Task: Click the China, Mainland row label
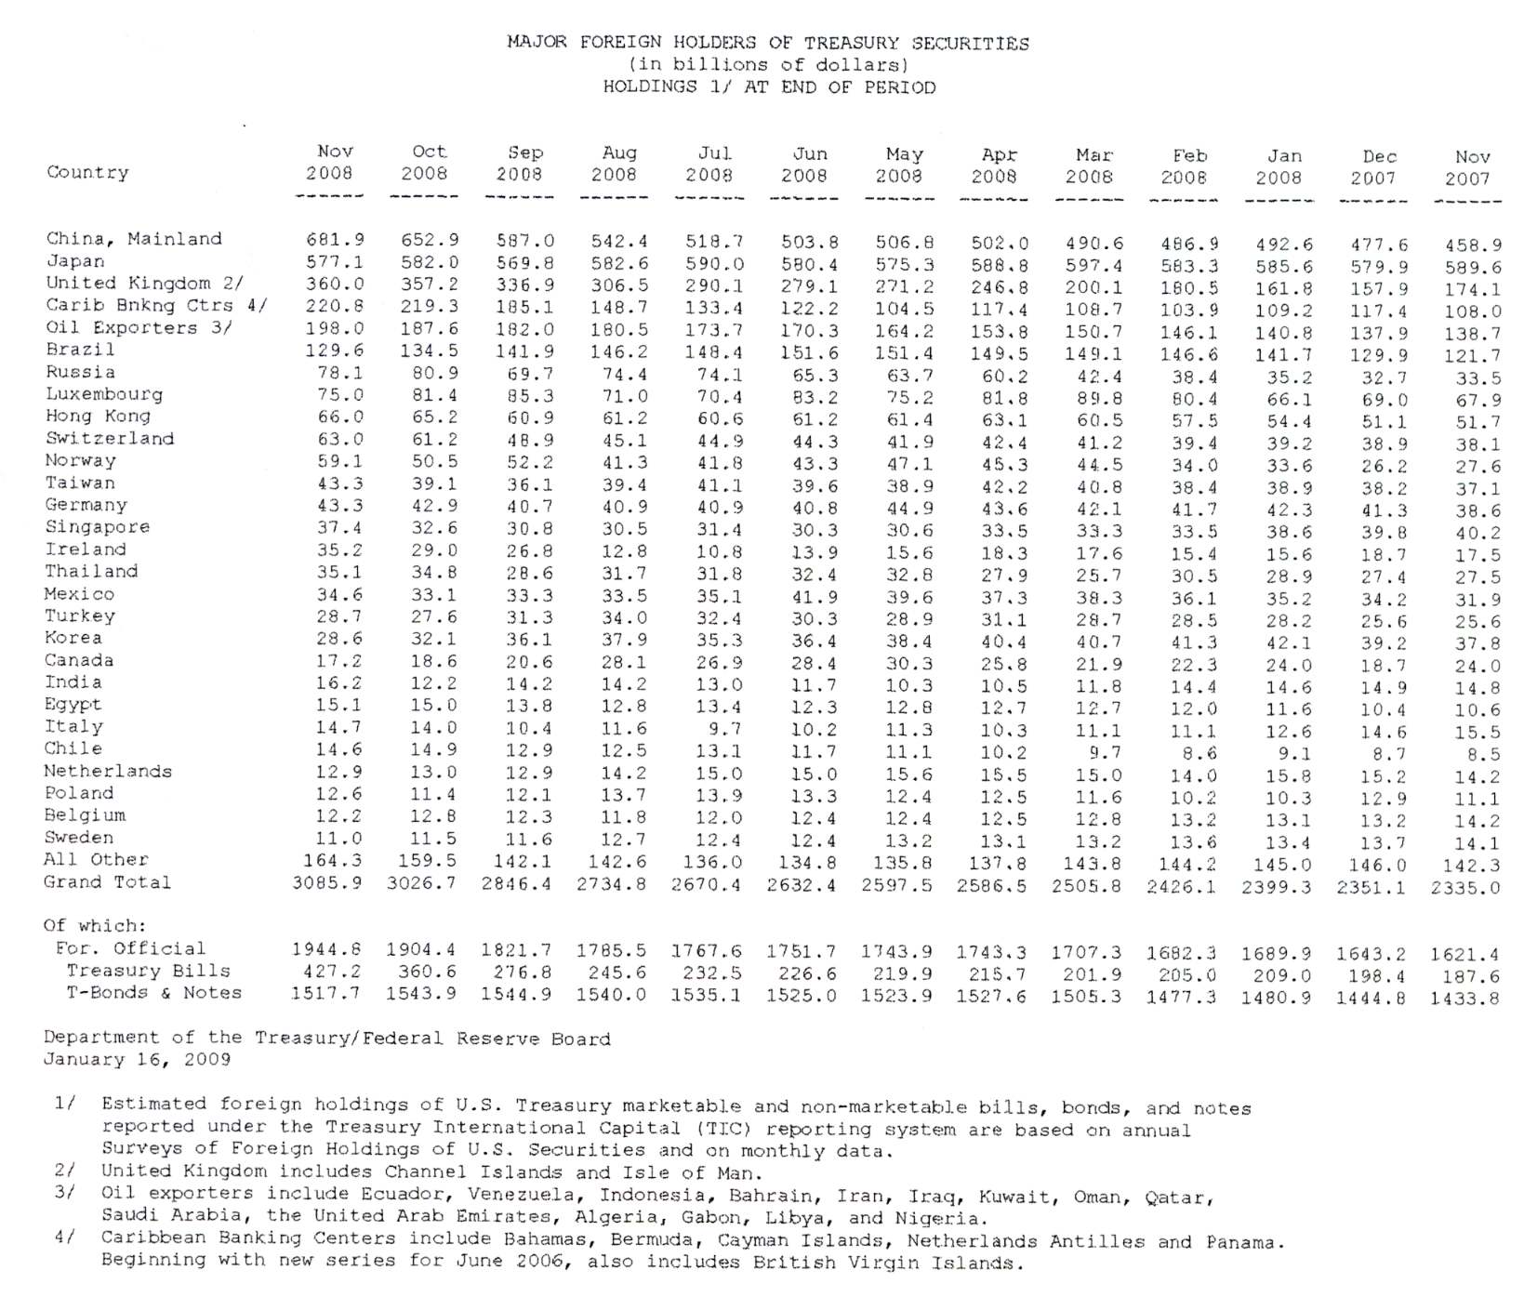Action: [134, 239]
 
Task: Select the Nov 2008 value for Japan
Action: [335, 262]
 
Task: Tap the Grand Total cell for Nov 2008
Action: [326, 882]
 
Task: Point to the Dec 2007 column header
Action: [1374, 167]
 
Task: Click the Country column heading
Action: [87, 173]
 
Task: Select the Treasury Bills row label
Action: [148, 971]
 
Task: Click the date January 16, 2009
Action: [137, 1060]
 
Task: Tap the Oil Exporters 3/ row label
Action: [139, 328]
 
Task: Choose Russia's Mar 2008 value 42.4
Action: [1099, 377]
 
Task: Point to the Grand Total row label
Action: [107, 882]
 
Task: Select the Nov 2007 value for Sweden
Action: [1477, 844]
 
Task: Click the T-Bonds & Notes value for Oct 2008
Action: [421, 993]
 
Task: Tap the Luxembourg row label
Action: [103, 394]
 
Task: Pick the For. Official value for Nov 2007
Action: [1464, 954]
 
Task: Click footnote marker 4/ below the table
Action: [64, 1238]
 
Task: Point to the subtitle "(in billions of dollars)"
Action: [768, 65]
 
